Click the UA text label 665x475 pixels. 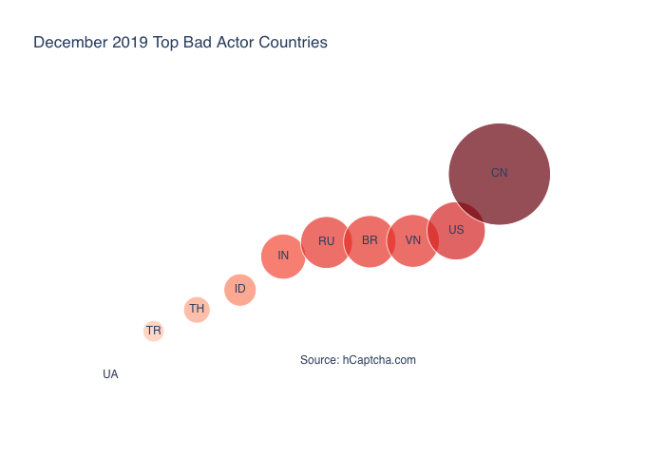[110, 374]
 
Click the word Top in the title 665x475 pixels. [166, 43]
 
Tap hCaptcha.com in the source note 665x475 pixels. [379, 360]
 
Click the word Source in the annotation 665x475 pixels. [318, 360]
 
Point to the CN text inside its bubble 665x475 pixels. [499, 173]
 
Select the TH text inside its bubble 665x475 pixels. [197, 309]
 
